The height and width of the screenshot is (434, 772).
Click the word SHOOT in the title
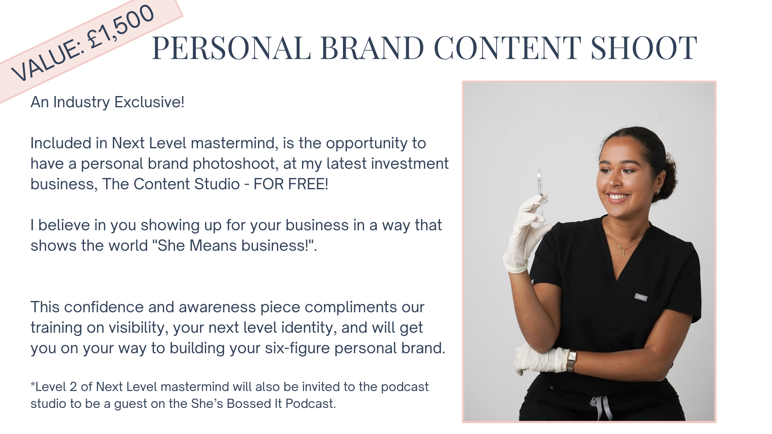[x=644, y=47]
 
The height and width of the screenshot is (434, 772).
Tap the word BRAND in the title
[x=372, y=47]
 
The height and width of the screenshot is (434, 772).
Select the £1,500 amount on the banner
[x=121, y=27]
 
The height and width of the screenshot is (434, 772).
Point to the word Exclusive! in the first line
[x=149, y=102]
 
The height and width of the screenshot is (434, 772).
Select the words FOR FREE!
[x=291, y=184]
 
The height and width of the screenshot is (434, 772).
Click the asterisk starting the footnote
[x=33, y=385]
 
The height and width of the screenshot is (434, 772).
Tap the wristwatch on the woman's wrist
[x=571, y=360]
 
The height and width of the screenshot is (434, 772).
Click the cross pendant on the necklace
[x=623, y=252]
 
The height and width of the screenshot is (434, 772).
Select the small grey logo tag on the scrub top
[x=641, y=297]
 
